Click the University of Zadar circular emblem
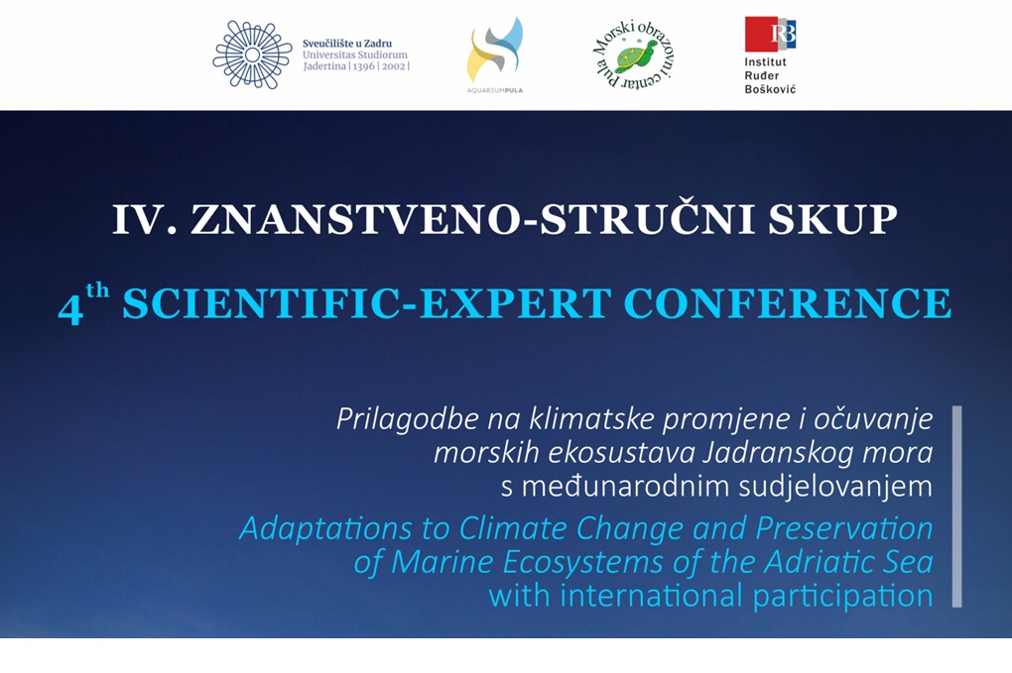tap(252, 55)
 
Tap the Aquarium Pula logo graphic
tap(495, 50)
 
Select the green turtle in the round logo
tap(636, 56)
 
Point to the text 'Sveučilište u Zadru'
tap(347, 44)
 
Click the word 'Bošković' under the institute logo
tap(770, 89)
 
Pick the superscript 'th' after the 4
tap(97, 290)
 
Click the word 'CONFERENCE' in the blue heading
tap(788, 303)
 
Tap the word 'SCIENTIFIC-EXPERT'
tap(367, 303)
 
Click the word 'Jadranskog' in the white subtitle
tap(767, 453)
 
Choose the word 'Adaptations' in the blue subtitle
tap(326, 529)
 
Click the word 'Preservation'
tap(844, 528)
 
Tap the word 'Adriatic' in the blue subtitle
tap(814, 561)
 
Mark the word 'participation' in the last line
tap(842, 597)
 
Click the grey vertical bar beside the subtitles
tap(957, 506)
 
